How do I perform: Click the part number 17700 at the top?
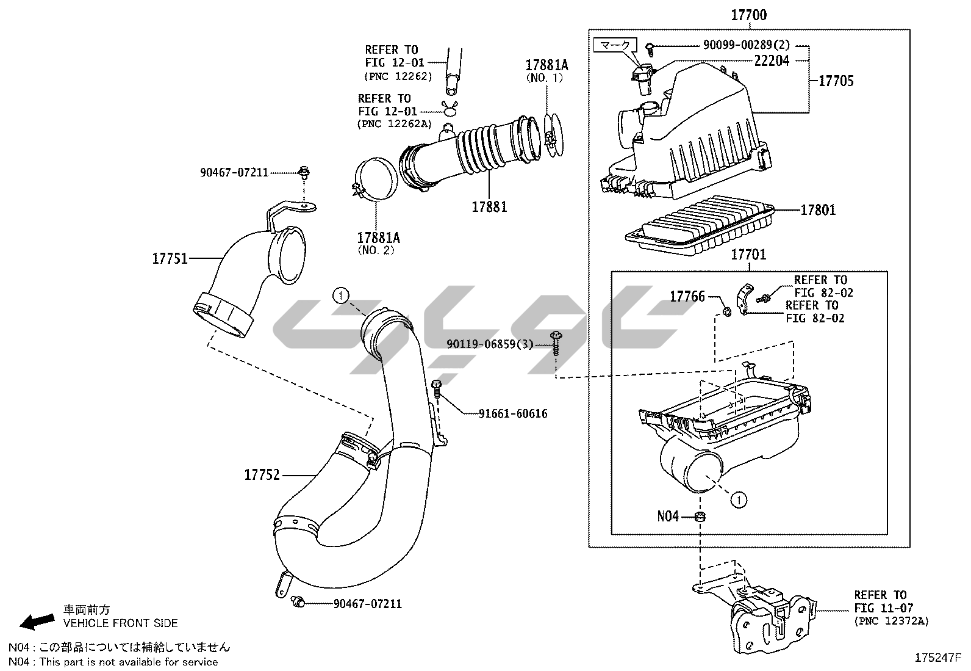(x=748, y=15)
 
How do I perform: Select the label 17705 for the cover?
(x=836, y=81)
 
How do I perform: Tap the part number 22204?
(x=771, y=60)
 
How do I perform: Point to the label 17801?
(x=818, y=210)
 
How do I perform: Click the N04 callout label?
(x=668, y=517)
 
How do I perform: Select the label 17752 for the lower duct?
(x=262, y=474)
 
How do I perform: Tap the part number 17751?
(x=170, y=258)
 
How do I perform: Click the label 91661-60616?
(x=513, y=414)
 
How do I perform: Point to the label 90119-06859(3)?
(x=490, y=344)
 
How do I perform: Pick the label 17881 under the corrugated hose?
(x=489, y=206)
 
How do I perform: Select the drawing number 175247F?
(x=937, y=658)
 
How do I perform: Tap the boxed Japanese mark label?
(x=615, y=45)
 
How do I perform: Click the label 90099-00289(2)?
(x=746, y=45)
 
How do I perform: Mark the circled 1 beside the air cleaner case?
(x=739, y=500)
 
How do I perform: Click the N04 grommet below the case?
(x=700, y=518)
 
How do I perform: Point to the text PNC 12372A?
(x=891, y=621)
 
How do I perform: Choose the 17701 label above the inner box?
(x=748, y=254)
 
